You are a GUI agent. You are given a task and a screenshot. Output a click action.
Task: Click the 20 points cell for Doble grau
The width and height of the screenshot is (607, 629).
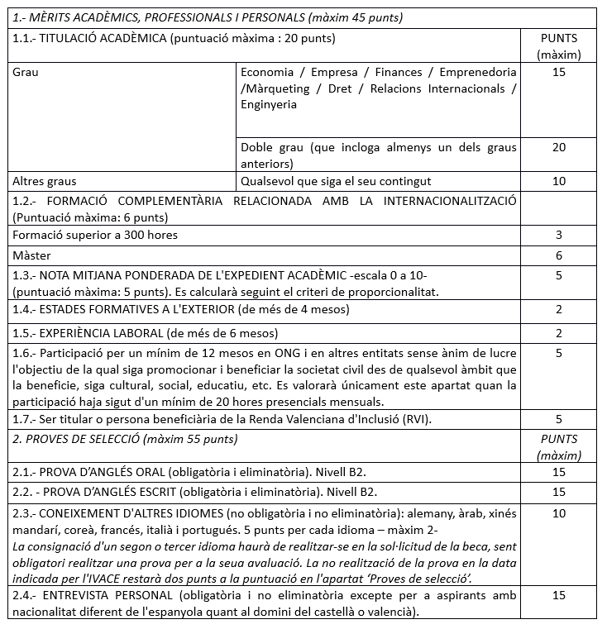(558, 148)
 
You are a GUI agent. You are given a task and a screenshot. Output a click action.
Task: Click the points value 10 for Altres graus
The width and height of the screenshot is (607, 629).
(558, 181)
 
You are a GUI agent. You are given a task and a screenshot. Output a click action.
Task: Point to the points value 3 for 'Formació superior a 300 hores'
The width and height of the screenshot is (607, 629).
(558, 236)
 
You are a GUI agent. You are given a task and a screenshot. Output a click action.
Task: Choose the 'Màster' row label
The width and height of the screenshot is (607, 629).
(31, 255)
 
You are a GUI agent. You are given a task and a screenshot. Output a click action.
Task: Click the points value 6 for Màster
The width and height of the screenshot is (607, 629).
(558, 255)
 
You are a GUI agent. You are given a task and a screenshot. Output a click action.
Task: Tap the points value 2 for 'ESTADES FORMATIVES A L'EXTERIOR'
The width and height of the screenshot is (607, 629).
(558, 310)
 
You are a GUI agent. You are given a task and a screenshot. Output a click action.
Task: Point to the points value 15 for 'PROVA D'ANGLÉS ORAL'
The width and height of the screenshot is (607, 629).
(558, 472)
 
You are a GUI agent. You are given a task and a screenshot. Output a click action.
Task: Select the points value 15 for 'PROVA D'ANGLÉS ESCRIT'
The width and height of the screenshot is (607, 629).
(558, 493)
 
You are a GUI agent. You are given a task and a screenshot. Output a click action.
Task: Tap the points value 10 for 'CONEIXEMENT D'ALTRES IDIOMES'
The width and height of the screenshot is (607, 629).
(558, 514)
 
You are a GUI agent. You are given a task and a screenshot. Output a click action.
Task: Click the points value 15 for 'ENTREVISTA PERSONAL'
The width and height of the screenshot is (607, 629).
(558, 594)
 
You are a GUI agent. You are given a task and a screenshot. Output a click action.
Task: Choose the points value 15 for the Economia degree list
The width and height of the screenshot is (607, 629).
(558, 72)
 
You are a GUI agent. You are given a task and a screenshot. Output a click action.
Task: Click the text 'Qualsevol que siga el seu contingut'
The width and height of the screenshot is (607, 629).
(336, 181)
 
